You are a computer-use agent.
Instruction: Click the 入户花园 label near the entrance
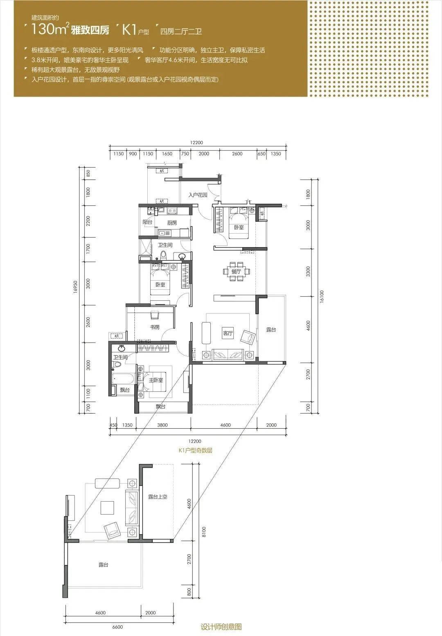(x=198, y=195)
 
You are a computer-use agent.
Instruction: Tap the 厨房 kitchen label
(x=172, y=223)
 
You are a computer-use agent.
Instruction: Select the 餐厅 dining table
(x=237, y=271)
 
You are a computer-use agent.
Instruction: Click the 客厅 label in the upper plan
(x=228, y=333)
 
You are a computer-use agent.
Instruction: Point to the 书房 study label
(x=155, y=327)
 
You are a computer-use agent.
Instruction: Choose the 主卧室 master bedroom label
(x=156, y=380)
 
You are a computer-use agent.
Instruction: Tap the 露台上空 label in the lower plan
(x=158, y=497)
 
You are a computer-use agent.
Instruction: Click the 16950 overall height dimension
(x=75, y=287)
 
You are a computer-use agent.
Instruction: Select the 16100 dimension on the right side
(x=322, y=297)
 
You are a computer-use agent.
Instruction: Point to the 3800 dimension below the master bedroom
(x=162, y=425)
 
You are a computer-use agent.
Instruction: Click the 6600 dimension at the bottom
(x=117, y=627)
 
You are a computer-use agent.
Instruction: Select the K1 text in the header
(x=130, y=30)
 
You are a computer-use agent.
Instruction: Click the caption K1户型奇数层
(x=195, y=450)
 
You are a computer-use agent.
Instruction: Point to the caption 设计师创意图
(x=221, y=627)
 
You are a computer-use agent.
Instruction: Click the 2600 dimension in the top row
(x=237, y=154)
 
